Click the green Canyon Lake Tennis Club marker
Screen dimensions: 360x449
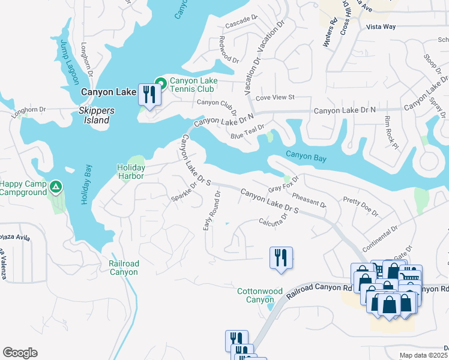click(160, 82)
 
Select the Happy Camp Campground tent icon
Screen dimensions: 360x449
click(55, 187)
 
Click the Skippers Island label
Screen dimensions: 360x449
click(94, 116)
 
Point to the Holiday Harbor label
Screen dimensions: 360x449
click(130, 172)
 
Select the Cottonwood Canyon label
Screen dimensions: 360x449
click(259, 295)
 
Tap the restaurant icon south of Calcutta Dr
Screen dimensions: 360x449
click(281, 257)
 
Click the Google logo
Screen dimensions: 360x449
click(20, 353)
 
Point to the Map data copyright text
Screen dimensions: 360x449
click(423, 355)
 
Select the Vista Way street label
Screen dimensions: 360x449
click(381, 27)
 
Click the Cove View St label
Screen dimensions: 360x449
click(275, 97)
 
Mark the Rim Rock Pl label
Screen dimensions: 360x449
click(391, 132)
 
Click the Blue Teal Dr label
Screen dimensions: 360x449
click(248, 132)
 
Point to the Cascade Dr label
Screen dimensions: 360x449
click(241, 25)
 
